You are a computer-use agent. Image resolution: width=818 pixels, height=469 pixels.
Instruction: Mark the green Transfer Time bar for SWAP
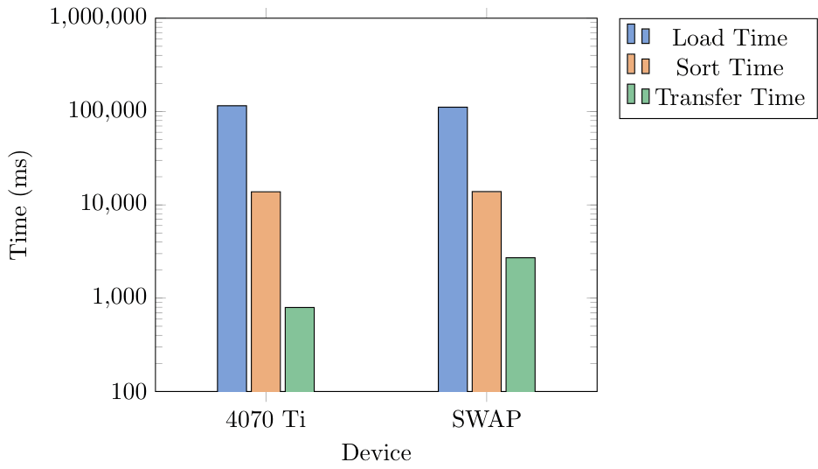point(521,324)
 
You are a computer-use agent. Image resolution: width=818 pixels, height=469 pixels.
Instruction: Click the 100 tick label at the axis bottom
point(128,391)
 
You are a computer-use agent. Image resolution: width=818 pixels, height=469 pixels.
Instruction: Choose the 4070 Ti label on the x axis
point(266,419)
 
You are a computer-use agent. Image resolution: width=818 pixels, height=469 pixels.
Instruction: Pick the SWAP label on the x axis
point(487,419)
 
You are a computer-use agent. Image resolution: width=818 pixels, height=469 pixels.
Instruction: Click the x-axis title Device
point(377,453)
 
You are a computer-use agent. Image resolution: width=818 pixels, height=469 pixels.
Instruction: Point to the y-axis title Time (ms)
point(19,205)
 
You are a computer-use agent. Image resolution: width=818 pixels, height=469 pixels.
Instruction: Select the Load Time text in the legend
point(730,38)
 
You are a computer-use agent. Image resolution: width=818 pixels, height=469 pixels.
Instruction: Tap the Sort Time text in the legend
point(730,67)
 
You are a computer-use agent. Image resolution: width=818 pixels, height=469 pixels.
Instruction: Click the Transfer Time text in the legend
point(730,97)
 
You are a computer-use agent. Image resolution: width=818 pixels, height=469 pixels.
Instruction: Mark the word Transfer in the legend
point(696,97)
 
